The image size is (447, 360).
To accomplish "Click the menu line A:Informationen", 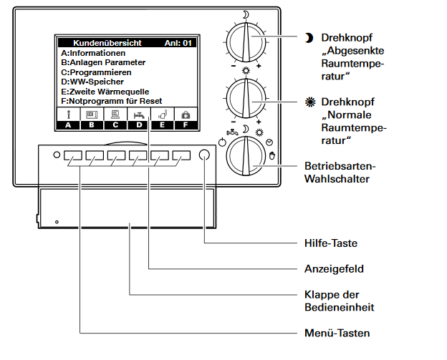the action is click(93, 53).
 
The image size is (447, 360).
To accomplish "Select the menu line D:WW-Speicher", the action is click(92, 82).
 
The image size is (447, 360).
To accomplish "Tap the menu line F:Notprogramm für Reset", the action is click(112, 101).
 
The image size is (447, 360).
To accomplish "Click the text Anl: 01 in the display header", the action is click(178, 43).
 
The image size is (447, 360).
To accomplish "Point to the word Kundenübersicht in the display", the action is click(107, 43).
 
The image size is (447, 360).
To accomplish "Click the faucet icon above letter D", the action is click(139, 115).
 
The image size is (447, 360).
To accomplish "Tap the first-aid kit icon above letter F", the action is click(186, 115).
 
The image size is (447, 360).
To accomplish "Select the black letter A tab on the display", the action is click(68, 125).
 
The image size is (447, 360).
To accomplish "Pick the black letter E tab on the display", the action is click(162, 125).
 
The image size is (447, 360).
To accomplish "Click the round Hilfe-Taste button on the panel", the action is click(204, 155).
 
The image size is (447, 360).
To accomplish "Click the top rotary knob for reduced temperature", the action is click(246, 42).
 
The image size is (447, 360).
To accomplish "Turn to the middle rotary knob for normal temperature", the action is click(246, 99).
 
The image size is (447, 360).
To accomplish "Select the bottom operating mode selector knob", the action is click(246, 156).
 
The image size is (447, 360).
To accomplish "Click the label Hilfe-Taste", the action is click(331, 243).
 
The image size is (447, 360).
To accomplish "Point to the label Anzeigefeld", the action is click(334, 269).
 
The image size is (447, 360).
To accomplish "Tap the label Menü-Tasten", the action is click(337, 333).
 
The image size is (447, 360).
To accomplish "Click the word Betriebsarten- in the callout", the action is click(340, 166).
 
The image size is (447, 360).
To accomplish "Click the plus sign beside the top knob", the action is click(259, 66).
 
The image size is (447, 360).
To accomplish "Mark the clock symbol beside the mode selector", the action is click(269, 142).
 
